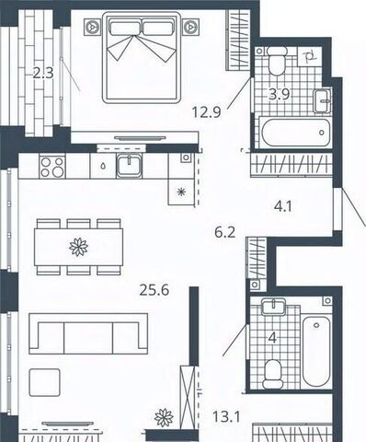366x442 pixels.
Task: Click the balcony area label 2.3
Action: tap(43, 74)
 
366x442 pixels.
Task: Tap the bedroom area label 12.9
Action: tap(206, 112)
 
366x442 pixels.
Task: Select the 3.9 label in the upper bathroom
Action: tap(280, 94)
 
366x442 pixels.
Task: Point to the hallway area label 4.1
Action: tap(283, 206)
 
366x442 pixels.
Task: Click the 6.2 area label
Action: tap(225, 232)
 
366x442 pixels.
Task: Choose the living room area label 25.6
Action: tap(154, 290)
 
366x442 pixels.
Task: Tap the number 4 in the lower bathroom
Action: tap(272, 338)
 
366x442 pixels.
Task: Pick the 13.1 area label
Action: tap(226, 417)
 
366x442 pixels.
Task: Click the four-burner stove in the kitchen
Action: tap(52, 167)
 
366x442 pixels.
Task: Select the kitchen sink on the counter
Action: tap(129, 166)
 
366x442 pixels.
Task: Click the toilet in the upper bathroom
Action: tap(277, 61)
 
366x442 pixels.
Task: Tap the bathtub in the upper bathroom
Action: tap(295, 133)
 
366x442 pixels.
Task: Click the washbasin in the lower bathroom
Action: tap(273, 307)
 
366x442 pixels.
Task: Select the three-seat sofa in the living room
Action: tap(88, 333)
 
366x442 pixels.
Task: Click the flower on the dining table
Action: tap(79, 247)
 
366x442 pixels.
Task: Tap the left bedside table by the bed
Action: tap(92, 27)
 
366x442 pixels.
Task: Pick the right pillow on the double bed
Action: tap(157, 28)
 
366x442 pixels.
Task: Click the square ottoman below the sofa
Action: tap(44, 382)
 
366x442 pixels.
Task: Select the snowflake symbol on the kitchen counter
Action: tap(182, 192)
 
